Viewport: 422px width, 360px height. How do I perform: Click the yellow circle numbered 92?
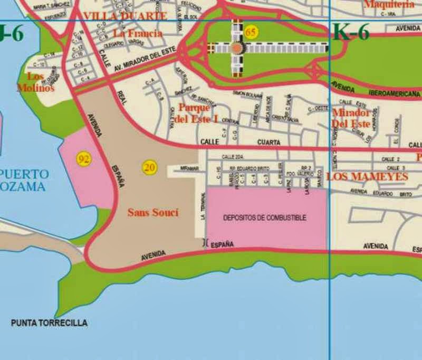83,159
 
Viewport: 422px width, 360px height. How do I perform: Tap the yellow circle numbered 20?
150,168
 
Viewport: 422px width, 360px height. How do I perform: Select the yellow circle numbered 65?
251,33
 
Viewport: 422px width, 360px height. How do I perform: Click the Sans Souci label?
153,213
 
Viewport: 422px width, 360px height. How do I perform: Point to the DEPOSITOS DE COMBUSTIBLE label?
264,217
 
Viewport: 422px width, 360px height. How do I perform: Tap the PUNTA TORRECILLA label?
49,323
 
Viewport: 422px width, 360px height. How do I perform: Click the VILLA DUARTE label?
125,16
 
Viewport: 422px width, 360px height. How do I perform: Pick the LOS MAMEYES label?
367,176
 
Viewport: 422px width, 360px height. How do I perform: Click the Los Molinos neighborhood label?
35,82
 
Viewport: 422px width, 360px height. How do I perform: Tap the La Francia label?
138,33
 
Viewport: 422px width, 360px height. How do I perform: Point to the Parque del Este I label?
197,113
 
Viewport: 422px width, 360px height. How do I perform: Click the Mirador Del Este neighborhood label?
351,118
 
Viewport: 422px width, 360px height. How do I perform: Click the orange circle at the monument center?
236,48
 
